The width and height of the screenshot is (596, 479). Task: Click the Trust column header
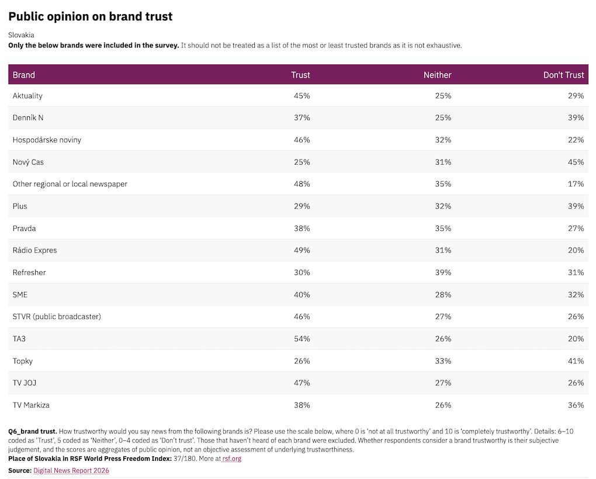300,75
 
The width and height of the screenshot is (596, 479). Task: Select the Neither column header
437,75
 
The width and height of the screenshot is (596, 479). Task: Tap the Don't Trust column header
563,75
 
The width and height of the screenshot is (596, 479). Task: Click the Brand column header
23,75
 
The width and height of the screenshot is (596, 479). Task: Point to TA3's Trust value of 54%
302,339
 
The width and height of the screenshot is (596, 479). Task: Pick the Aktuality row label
27,96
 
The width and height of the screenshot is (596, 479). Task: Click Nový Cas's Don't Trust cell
576,162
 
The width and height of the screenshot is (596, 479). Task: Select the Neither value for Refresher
443,272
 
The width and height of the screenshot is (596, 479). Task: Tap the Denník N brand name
27,118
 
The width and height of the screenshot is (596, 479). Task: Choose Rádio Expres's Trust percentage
302,251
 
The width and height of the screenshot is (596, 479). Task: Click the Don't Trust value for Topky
576,361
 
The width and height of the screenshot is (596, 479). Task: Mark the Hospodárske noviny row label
47,140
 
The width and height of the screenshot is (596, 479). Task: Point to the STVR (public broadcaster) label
57,317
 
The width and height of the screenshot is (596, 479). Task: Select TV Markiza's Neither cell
443,405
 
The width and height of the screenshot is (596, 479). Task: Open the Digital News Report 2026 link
71,470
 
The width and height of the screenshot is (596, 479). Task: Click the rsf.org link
231,459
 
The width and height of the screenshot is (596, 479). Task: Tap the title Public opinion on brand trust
91,16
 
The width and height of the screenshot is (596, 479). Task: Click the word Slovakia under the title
21,35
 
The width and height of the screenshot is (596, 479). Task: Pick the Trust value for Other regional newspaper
302,184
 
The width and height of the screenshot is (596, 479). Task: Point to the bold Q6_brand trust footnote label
33,432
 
